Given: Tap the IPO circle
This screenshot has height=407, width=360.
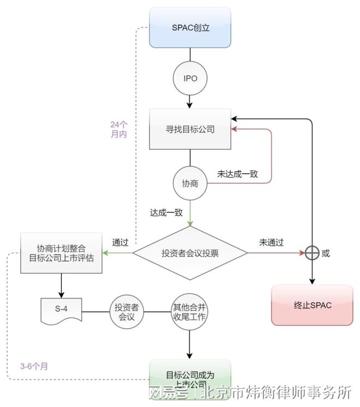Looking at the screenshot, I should point(190,78).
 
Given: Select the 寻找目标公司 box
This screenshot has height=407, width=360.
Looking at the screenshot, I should point(190,129).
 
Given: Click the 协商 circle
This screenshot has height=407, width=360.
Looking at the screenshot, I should point(190,184).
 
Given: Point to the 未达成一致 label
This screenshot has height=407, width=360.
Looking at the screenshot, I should point(237,174).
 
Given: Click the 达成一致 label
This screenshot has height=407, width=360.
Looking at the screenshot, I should point(166,212).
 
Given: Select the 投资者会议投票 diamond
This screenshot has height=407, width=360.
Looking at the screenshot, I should point(190,253).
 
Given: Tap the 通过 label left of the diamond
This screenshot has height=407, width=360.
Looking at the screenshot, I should point(120,242).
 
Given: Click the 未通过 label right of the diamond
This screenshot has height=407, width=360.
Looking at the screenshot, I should point(271,242).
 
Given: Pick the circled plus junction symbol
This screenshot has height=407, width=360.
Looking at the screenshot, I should point(311,253).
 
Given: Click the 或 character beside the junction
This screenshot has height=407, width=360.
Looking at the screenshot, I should point(326,253).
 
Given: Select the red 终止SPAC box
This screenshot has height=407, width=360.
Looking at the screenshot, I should point(311,305).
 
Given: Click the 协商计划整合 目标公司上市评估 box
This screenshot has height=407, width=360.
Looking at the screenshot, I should point(61,253).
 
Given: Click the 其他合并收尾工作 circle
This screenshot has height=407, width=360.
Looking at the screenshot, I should point(189,312).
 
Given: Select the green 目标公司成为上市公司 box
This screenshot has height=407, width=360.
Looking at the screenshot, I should point(190,377).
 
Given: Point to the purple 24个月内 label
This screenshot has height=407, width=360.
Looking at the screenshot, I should point(118,129).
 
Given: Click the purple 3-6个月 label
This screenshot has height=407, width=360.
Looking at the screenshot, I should point(34,366).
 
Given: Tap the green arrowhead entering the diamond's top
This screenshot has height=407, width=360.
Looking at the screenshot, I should point(190,223).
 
